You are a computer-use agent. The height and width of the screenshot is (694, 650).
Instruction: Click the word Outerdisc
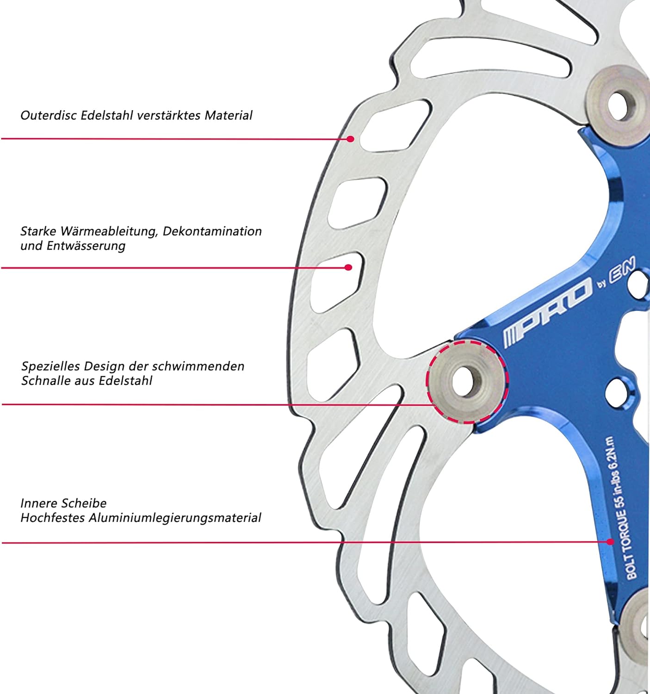pyautogui.click(x=49, y=115)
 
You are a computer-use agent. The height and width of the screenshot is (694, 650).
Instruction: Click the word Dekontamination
pyautogui.click(x=212, y=231)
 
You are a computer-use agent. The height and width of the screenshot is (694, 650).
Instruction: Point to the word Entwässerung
pyautogui.click(x=86, y=246)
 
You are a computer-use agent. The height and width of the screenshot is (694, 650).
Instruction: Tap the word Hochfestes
pyautogui.click(x=53, y=518)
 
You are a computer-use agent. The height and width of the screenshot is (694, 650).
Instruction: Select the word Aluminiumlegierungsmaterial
pyautogui.click(x=175, y=518)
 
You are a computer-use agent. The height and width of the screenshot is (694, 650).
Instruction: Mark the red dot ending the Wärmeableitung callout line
pyautogui.click(x=348, y=268)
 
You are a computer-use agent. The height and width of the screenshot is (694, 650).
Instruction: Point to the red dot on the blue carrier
pyautogui.click(x=610, y=542)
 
